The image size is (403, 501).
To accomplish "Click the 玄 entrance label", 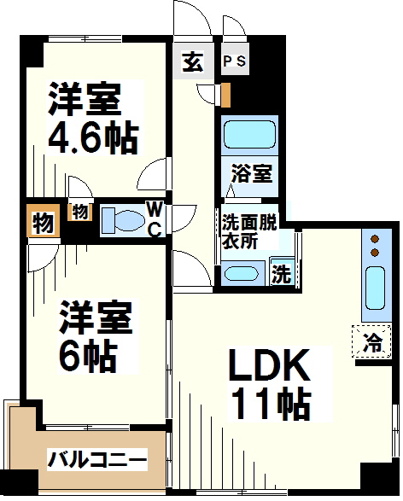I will tap(192, 61).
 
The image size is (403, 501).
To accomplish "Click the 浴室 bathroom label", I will tap(252, 174).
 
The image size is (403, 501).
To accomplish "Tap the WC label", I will tap(155, 218).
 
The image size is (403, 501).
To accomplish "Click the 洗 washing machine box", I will tap(281, 274).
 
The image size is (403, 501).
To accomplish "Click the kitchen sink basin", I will tap(373, 288).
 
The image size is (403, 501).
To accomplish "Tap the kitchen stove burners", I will tap(373, 246).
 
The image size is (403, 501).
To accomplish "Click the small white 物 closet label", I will tap(79, 210).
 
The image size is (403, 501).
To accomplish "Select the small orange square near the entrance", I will tap(225, 92).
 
